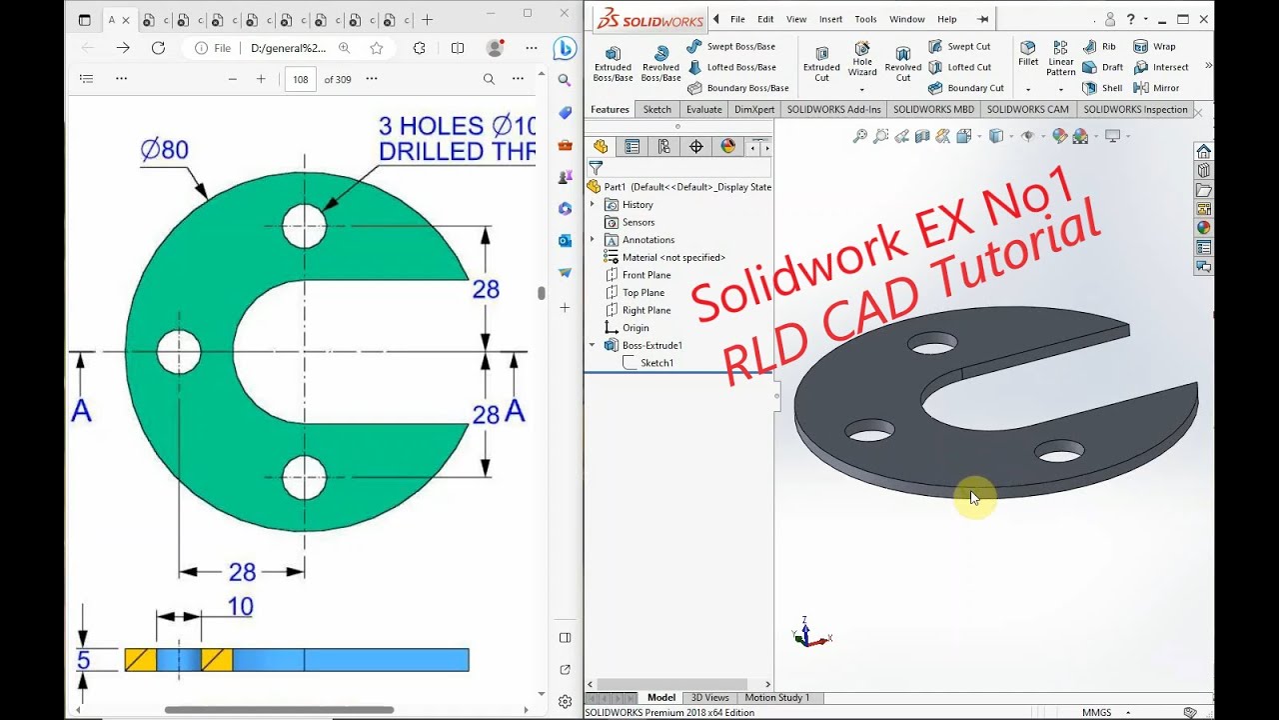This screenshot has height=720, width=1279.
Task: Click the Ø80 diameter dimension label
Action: tap(165, 150)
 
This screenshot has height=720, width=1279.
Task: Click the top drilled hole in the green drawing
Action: tap(304, 226)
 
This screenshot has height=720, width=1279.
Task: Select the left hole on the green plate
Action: tap(179, 351)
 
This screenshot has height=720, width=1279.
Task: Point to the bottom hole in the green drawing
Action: tap(304, 477)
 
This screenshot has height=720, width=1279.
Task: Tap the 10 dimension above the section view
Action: tap(240, 607)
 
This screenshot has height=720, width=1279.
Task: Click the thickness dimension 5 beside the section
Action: tap(84, 660)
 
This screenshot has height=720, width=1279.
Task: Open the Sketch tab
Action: tap(656, 110)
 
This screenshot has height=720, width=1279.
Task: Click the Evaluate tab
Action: tap(703, 110)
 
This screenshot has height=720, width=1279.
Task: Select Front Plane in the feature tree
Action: tap(646, 275)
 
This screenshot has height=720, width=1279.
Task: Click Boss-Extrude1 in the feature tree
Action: tap(651, 345)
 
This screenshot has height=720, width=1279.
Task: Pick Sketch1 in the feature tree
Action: tap(656, 363)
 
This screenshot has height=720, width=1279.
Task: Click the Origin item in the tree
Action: tap(636, 328)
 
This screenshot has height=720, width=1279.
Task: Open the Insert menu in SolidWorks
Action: tap(830, 19)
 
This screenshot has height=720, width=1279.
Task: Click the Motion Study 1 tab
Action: tap(776, 698)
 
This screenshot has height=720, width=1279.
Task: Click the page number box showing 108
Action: tap(301, 79)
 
